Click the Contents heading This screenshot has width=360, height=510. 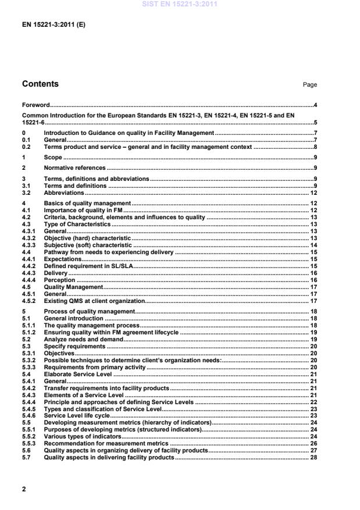[40, 84]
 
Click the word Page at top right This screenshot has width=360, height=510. [309, 85]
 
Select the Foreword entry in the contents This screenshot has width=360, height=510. [35, 105]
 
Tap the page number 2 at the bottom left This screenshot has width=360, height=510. [24, 489]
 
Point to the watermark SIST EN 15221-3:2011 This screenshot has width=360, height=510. [180, 3]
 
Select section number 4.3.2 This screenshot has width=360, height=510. [29, 238]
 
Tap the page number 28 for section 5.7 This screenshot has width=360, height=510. [313, 458]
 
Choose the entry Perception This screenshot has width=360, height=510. [60, 280]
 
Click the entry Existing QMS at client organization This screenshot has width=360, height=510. [94, 301]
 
